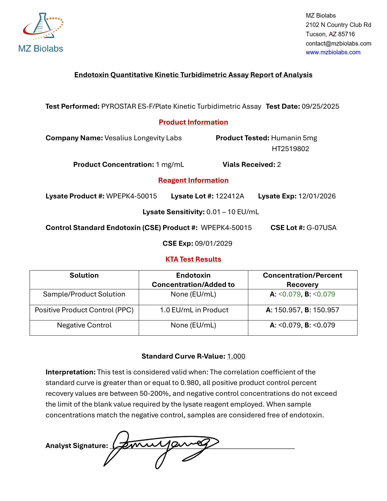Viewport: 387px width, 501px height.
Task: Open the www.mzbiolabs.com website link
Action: [333, 52]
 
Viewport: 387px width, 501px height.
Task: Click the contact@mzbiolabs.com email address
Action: [338, 43]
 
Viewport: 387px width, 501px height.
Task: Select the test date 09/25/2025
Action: [320, 106]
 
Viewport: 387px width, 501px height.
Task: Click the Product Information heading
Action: [193, 122]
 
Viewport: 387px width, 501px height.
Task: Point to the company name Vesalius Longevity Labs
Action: [143, 138]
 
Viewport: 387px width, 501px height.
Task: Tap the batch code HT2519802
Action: [290, 149]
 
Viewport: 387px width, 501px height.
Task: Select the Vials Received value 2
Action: [279, 164]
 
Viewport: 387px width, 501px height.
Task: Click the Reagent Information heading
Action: [193, 180]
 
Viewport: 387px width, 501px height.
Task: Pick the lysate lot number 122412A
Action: [230, 196]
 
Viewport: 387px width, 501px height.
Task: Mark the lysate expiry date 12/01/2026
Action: [317, 196]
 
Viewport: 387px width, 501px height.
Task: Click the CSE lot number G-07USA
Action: [321, 228]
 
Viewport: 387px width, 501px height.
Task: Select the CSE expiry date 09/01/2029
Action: [213, 244]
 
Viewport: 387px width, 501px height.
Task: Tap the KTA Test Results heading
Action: [193, 259]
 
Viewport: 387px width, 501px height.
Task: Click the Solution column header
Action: [84, 275]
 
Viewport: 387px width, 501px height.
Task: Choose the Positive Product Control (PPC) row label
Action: [84, 310]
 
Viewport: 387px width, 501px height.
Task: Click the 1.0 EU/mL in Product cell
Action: [194, 310]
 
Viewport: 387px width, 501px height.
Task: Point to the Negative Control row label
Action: [84, 325]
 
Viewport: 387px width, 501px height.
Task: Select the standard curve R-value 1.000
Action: [236, 356]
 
